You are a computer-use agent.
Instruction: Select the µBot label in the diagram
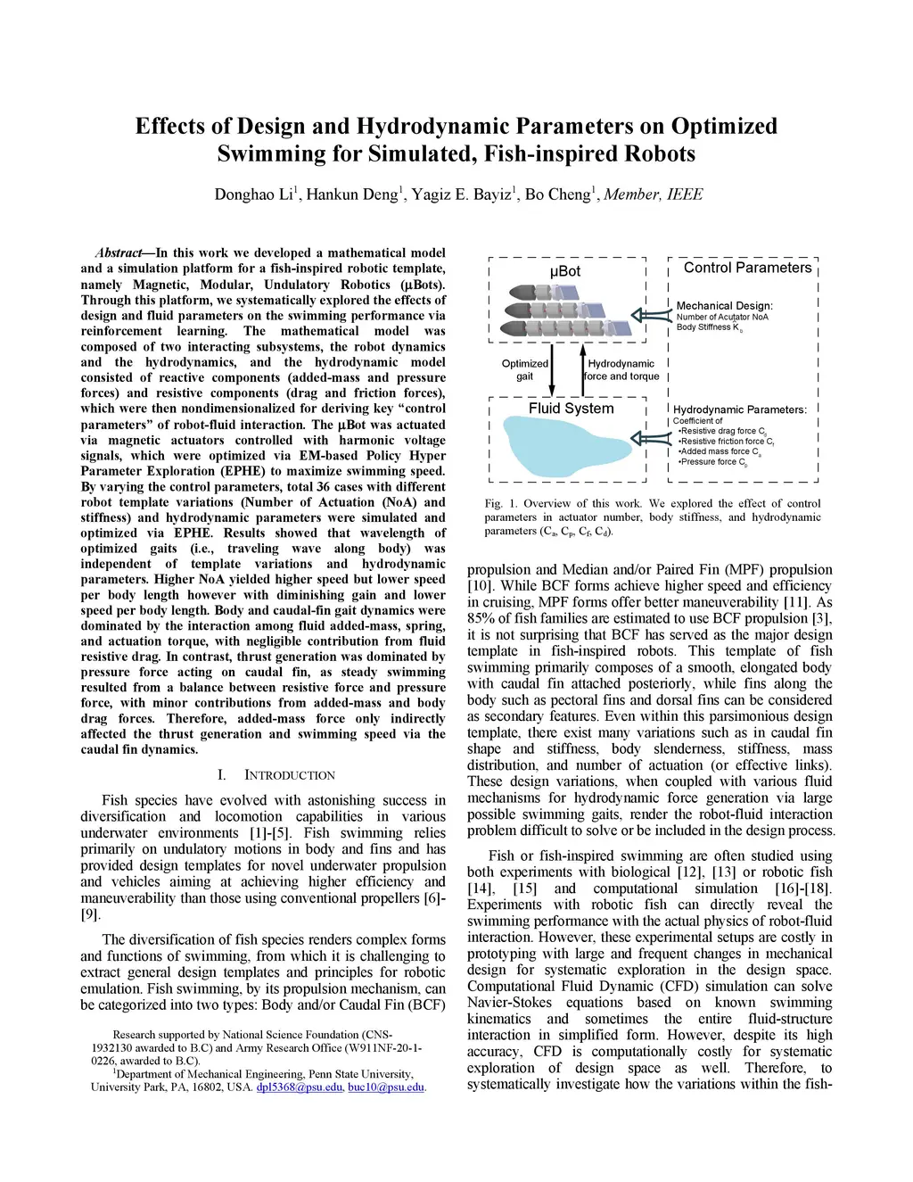click(565, 271)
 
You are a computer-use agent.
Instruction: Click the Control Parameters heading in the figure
click(747, 268)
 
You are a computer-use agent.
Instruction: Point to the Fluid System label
click(571, 409)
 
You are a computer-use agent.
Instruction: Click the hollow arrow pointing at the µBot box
click(650, 314)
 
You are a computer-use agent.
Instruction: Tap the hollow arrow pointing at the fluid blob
click(650, 437)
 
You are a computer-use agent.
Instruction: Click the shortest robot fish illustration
click(533, 292)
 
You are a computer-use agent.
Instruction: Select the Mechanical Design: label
click(725, 306)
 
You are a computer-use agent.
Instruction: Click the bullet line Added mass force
click(720, 452)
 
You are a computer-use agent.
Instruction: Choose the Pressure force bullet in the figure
click(713, 462)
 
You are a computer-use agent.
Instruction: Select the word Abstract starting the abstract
click(119, 253)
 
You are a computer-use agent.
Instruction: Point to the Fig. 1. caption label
click(501, 503)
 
